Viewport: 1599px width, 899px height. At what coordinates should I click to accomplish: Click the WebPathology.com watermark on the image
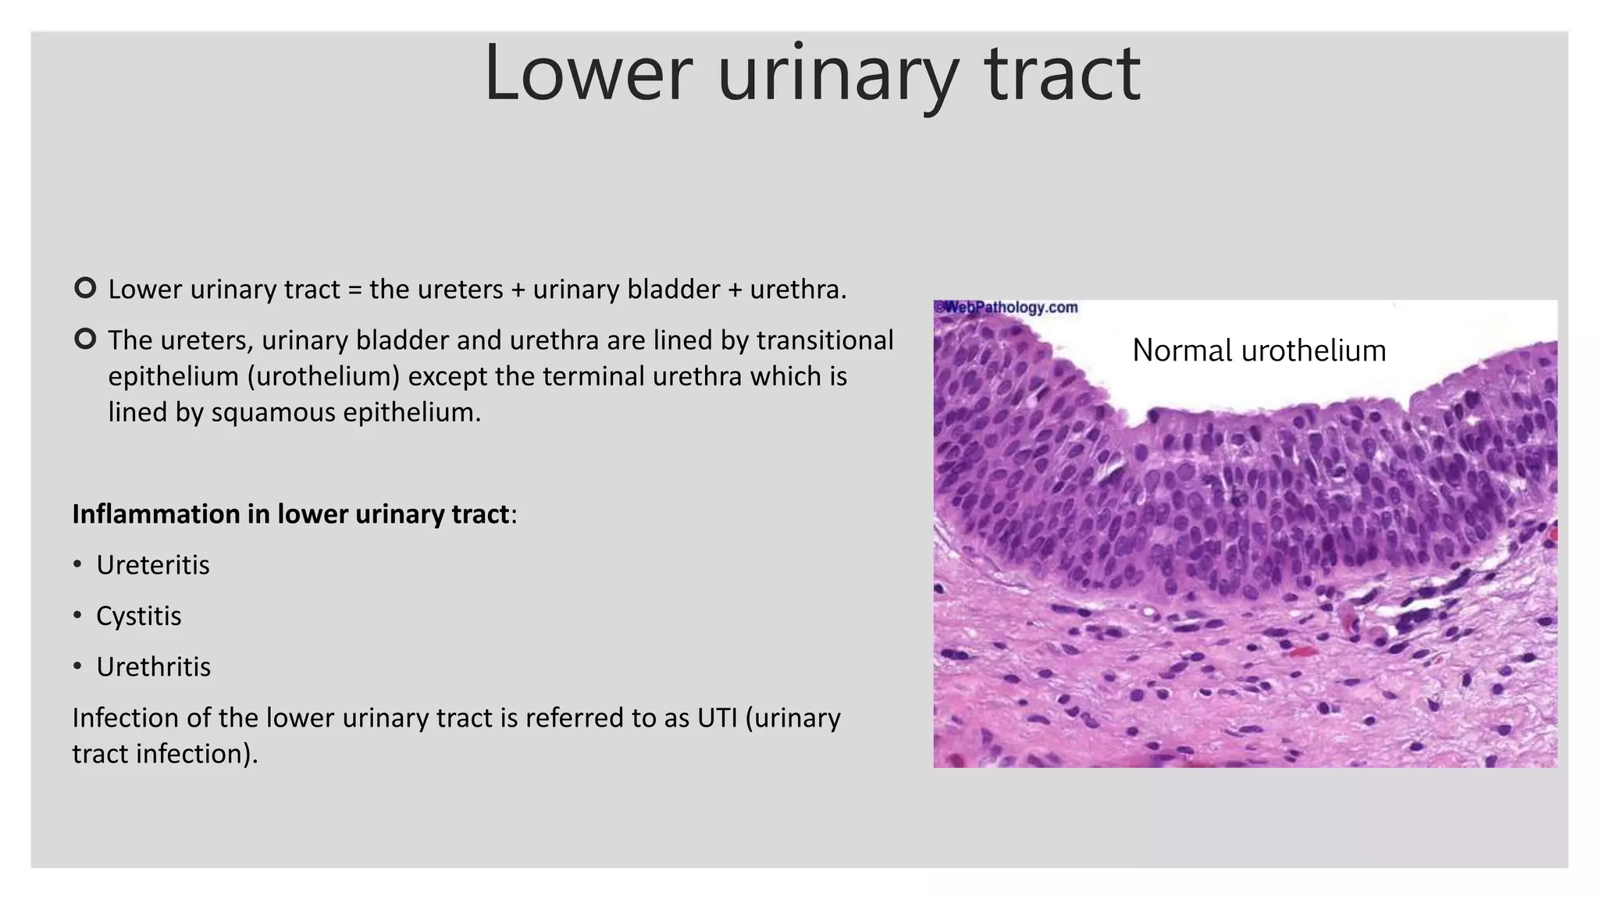(1007, 307)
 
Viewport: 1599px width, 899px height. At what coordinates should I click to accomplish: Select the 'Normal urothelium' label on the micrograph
(1259, 350)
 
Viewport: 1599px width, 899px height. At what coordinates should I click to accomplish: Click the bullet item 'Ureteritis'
(153, 565)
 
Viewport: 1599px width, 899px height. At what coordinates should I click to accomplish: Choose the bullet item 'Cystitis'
(139, 616)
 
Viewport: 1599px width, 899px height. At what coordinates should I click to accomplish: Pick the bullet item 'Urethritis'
(154, 667)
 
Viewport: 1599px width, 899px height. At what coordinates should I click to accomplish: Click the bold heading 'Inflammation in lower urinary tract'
(290, 514)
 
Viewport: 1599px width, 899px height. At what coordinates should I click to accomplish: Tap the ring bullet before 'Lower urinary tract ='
(85, 288)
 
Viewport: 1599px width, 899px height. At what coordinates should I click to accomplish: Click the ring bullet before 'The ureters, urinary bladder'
(85, 339)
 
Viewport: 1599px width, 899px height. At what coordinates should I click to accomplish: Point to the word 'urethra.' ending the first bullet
(798, 290)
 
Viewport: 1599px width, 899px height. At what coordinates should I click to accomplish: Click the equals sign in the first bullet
(355, 290)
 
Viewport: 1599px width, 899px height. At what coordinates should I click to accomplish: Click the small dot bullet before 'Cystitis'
(77, 616)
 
